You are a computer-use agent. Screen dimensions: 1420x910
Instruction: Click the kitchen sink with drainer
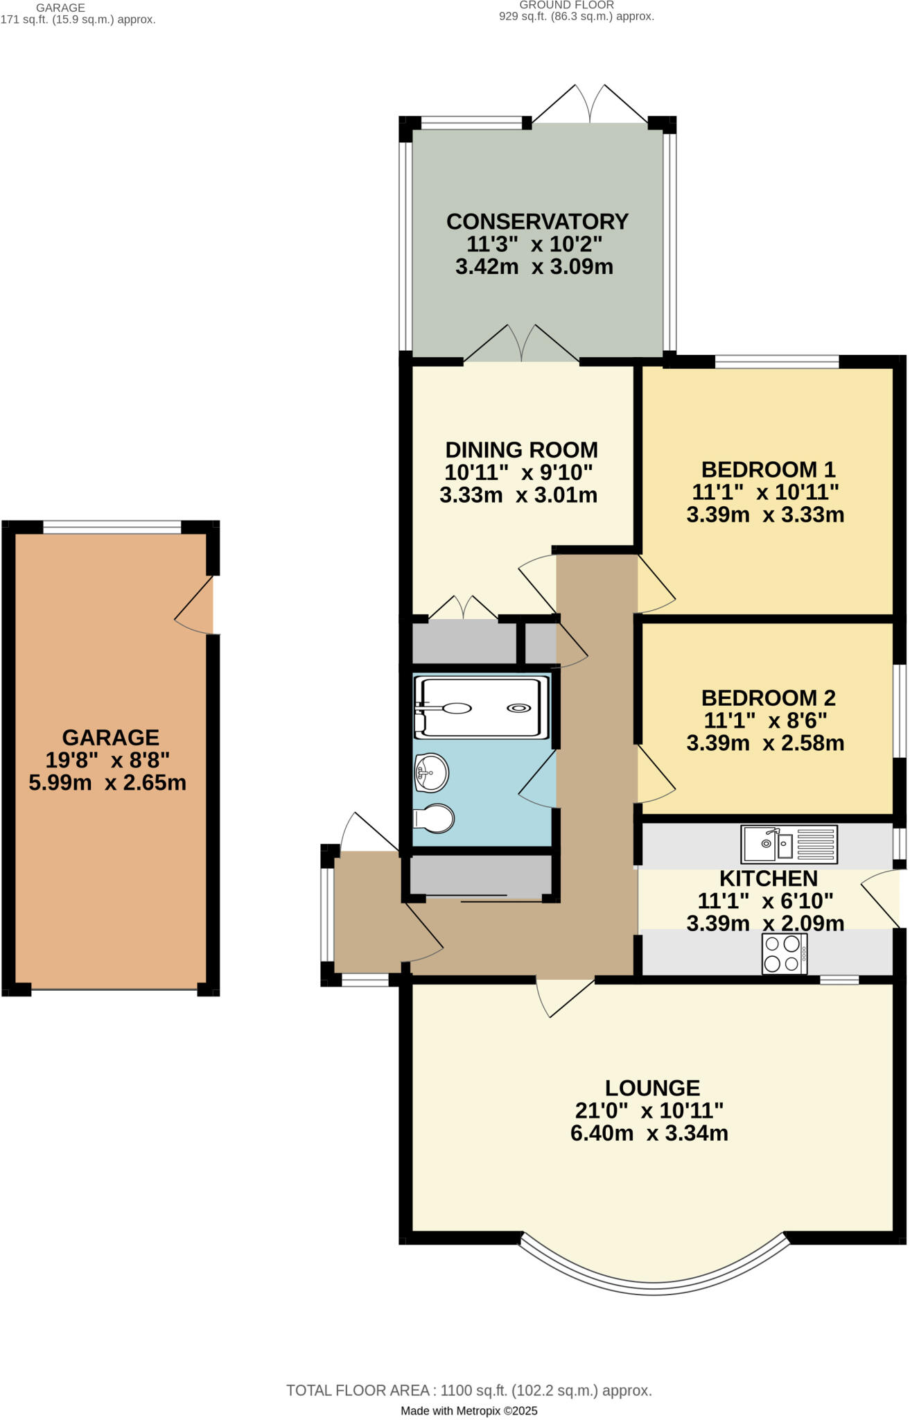tap(789, 844)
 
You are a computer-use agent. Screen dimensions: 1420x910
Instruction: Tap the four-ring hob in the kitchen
tap(785, 953)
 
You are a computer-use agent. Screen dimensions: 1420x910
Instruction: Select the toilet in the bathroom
tap(435, 819)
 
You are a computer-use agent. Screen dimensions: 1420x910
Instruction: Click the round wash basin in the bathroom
tap(432, 772)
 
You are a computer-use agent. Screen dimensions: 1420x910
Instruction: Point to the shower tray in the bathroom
tap(481, 707)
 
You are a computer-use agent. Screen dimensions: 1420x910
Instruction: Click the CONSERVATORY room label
tap(537, 221)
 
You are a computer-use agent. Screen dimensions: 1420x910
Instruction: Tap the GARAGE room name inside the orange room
tap(111, 737)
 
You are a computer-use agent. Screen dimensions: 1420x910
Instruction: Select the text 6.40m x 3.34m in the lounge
tap(649, 1133)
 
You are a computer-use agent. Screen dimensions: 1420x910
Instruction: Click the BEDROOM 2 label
tap(768, 698)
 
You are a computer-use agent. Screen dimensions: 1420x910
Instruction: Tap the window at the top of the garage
tap(112, 527)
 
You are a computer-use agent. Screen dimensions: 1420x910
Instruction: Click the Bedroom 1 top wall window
tap(776, 361)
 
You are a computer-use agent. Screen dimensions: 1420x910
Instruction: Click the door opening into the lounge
tap(564, 997)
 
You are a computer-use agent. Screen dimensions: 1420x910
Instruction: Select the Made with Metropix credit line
tap(469, 1410)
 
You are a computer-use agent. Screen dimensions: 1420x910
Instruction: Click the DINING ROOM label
tap(521, 450)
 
